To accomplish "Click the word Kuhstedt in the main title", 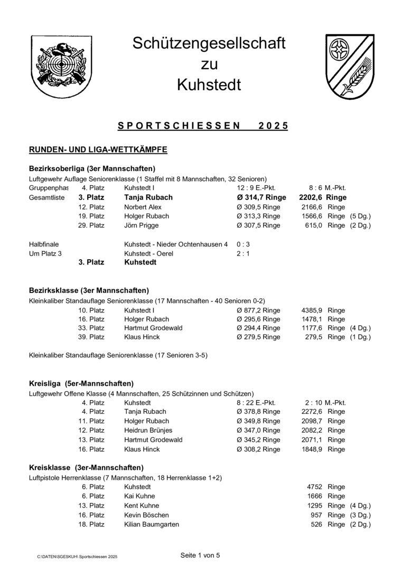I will pyautogui.click(x=209, y=84).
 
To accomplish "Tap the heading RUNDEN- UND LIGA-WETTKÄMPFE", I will pyautogui.click(x=98, y=150).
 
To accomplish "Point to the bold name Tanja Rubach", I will pyautogui.click(x=148, y=197).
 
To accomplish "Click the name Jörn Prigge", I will pyautogui.click(x=141, y=225).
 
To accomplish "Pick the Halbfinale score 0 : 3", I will pyautogui.click(x=243, y=244).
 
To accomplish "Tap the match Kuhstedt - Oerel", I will pyautogui.click(x=148, y=253).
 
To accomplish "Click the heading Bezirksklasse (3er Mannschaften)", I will pyautogui.click(x=89, y=290).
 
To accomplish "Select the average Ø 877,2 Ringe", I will pyautogui.click(x=258, y=310).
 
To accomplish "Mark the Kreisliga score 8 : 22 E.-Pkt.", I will pyautogui.click(x=256, y=402).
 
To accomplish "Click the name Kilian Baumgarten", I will pyautogui.click(x=152, y=524).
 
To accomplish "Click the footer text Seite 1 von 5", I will pyautogui.click(x=200, y=555).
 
